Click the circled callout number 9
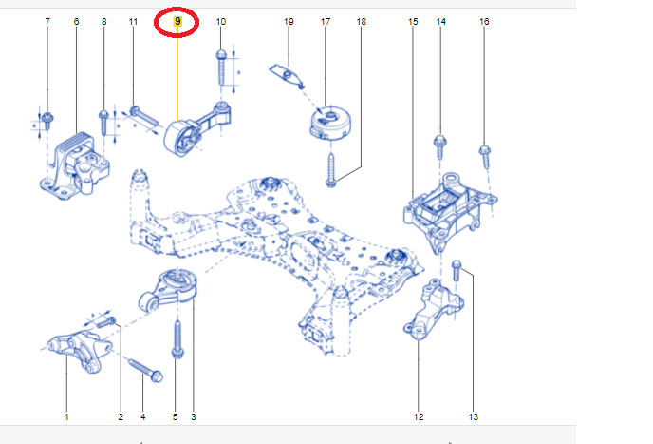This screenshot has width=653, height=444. point(177,21)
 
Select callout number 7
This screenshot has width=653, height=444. point(47,21)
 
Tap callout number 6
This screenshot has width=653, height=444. point(76,21)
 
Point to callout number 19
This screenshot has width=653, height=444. point(289,21)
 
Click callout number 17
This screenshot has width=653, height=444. point(325,21)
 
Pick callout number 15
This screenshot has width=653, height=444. point(413,21)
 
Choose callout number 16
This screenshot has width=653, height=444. point(484,21)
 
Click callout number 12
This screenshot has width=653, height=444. point(419,416)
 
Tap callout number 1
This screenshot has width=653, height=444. point(66,416)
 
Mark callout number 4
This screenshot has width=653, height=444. point(143,416)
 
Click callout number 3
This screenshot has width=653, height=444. point(193,416)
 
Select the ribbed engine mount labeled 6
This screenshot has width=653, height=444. point(74,166)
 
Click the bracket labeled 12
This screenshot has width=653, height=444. point(431,309)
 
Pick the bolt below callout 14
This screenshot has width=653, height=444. point(439,145)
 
